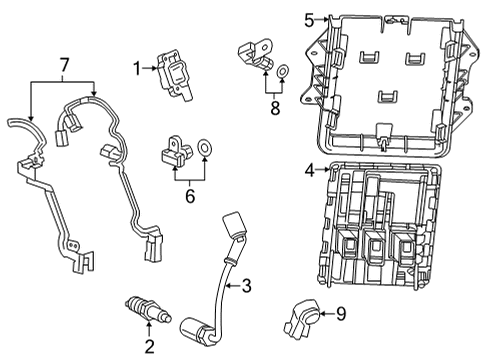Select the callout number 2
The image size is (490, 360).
[x=149, y=347]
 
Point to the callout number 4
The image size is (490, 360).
[x=310, y=170]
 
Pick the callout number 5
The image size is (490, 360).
[x=309, y=18]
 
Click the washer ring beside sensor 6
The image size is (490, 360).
[x=207, y=150]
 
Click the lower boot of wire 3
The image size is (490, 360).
[x=192, y=327]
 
